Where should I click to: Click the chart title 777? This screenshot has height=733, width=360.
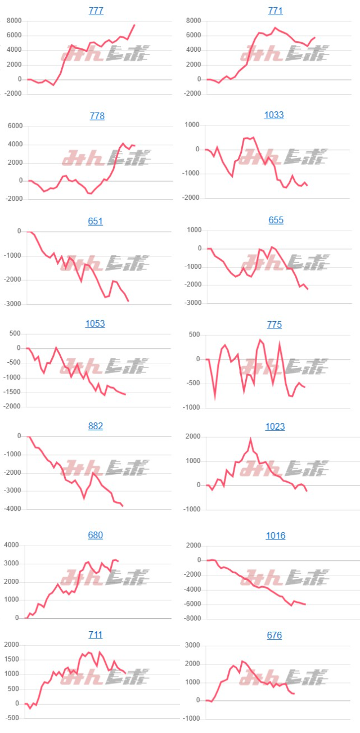coord(96,11)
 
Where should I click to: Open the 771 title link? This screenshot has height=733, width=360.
coord(274,11)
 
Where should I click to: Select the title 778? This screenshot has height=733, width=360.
coord(96,116)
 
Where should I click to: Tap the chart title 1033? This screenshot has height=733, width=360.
coord(274,115)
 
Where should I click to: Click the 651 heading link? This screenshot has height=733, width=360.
coord(96,221)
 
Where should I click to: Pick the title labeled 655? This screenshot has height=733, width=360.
coord(276,220)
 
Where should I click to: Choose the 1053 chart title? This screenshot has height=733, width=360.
coord(95,323)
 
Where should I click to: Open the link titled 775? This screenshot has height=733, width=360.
coord(274,325)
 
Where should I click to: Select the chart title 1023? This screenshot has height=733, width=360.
coord(274,426)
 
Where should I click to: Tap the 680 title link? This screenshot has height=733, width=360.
coord(96,535)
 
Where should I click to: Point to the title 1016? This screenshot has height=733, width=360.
coord(276,536)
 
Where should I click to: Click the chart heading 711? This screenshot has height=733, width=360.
coord(96,635)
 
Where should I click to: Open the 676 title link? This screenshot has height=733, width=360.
coord(274,635)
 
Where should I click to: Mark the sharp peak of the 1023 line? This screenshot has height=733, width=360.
coord(251,439)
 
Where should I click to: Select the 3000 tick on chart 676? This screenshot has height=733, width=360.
coord(193,646)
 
